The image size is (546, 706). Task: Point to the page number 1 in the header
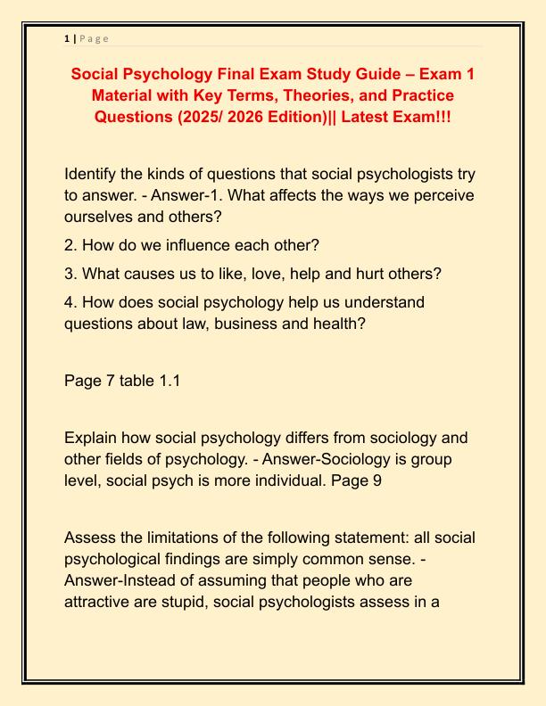[67, 38]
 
